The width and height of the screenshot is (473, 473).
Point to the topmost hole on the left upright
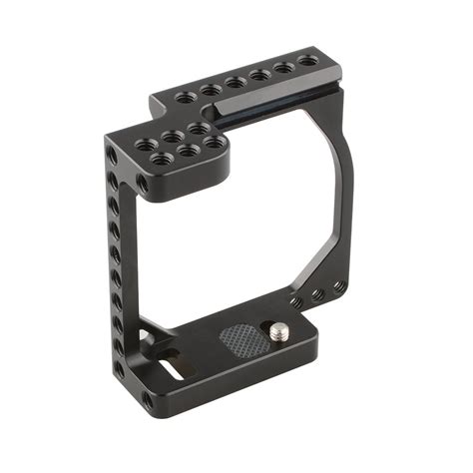(x=109, y=153)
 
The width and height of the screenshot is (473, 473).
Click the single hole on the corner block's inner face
(x=145, y=185)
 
